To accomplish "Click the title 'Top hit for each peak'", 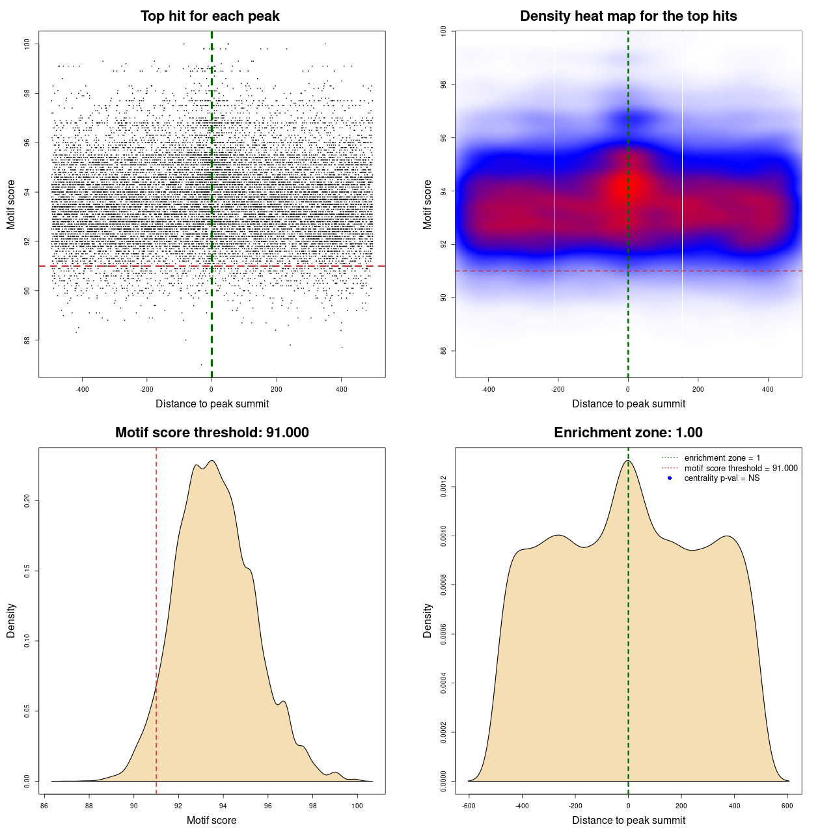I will pos(210,16).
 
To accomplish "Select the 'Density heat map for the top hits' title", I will pos(628,16).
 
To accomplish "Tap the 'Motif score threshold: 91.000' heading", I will pos(212,433).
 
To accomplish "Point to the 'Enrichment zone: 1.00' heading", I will pos(628,433).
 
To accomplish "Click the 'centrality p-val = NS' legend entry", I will pos(722,478).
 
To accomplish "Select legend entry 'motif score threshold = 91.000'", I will pos(741,469).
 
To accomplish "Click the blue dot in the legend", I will pos(670,478).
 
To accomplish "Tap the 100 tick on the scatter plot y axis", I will pos(27,44).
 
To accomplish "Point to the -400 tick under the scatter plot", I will pos(82,389).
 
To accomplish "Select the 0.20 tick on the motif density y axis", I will pos(27,500).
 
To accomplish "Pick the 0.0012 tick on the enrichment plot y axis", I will pos(443,487).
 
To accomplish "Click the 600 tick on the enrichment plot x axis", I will pos(787,806).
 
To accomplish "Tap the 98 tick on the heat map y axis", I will pos(443,85).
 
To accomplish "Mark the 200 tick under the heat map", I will pos(698,389).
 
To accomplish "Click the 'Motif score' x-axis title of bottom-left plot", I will pos(212,820).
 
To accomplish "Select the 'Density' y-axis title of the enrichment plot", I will pos(428,620).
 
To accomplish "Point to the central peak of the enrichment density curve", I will pos(628,461).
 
